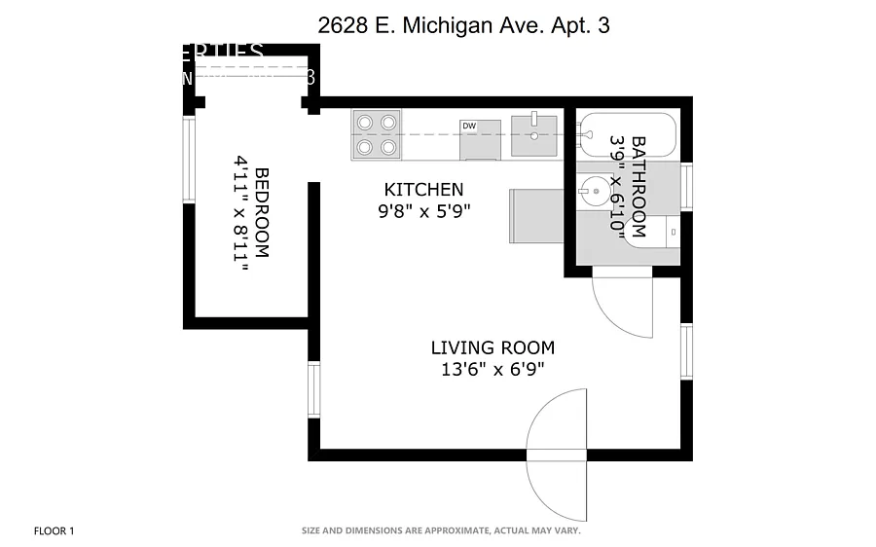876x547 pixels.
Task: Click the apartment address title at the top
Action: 464,26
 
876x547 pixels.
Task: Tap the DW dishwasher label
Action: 469,127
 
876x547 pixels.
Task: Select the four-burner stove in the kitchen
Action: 377,134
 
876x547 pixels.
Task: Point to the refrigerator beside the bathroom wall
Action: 536,214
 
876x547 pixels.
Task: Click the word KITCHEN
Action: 423,190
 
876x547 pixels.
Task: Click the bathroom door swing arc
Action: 623,307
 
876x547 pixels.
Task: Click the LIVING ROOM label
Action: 493,347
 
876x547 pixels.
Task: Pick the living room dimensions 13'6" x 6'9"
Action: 493,369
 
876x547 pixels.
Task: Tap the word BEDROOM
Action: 262,214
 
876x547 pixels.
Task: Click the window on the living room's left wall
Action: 314,389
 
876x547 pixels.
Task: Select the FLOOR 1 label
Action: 54,531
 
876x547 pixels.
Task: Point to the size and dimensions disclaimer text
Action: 441,531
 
